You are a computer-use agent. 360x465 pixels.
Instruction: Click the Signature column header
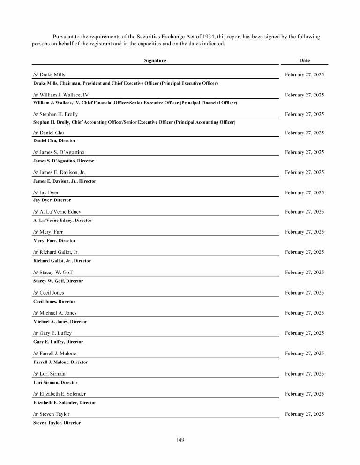155,60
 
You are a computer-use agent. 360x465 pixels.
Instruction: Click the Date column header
304,60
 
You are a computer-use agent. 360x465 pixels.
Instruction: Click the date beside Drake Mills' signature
304,74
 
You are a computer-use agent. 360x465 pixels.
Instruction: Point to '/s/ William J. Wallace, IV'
60,95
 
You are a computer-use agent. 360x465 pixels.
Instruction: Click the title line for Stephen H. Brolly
134,122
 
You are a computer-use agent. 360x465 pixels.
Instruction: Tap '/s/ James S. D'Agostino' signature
59,152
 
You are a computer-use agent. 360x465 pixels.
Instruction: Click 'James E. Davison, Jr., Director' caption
65,181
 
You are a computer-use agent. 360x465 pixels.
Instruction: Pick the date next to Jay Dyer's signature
304,192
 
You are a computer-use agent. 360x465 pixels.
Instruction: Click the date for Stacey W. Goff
304,272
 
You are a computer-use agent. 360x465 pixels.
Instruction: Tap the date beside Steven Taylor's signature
304,414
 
